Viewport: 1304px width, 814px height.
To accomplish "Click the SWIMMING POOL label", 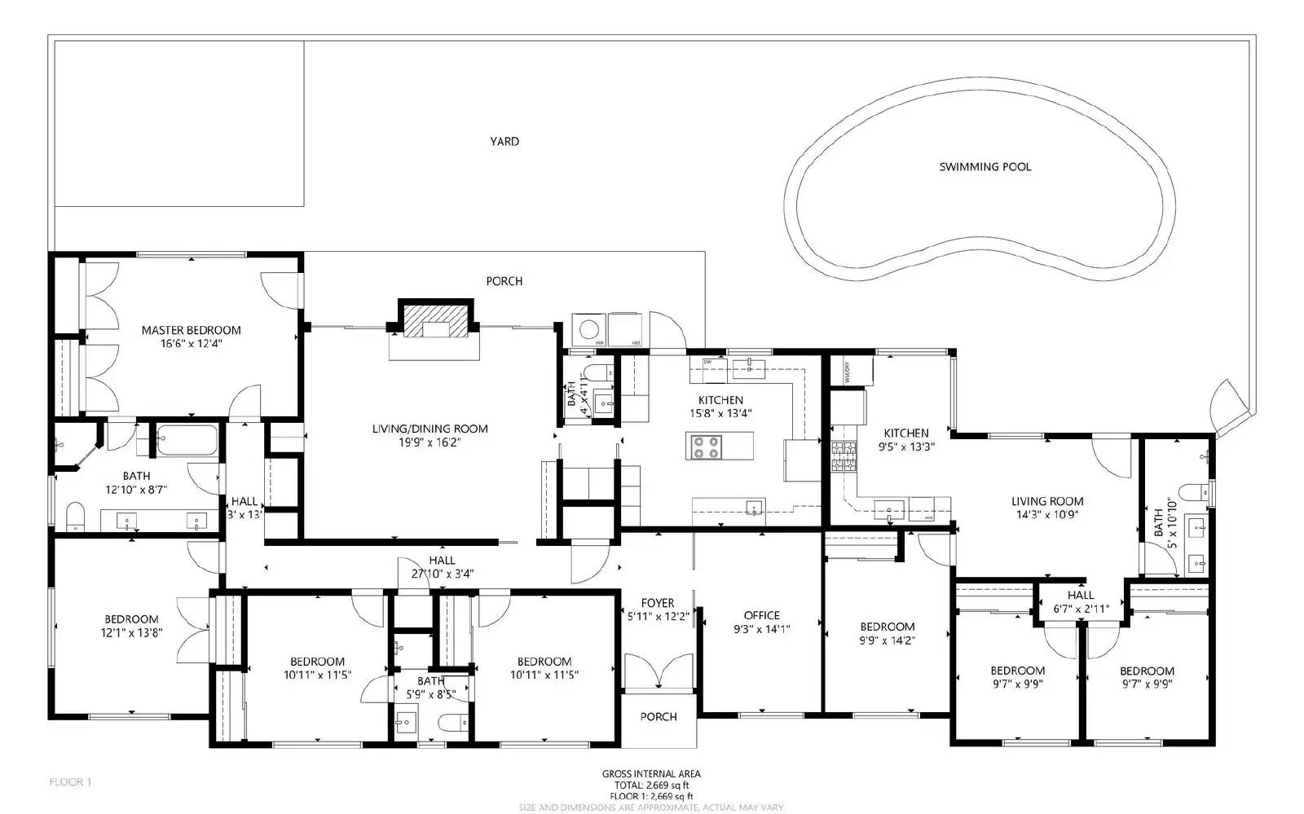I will point(985,167).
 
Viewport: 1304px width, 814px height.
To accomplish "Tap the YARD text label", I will point(504,142).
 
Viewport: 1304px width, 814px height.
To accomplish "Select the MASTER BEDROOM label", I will point(192,331).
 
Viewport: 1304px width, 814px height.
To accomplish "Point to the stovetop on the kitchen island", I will point(707,447).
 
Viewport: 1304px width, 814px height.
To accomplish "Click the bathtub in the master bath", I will point(187,440).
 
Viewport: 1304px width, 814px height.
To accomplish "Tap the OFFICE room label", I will point(761,616).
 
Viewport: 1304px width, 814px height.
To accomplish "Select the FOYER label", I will point(657,604).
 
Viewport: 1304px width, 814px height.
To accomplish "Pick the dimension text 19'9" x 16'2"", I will point(430,442).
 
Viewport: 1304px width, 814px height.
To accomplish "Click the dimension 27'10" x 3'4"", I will point(442,574).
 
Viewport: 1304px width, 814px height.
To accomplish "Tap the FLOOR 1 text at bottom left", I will point(70,782).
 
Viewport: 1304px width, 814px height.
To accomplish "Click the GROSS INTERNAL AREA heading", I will point(650,774).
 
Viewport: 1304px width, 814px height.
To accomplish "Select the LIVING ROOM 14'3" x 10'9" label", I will point(1047,508).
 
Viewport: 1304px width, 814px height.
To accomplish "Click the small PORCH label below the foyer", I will point(658,717).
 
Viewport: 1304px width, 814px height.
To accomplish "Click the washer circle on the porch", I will point(588,329).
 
